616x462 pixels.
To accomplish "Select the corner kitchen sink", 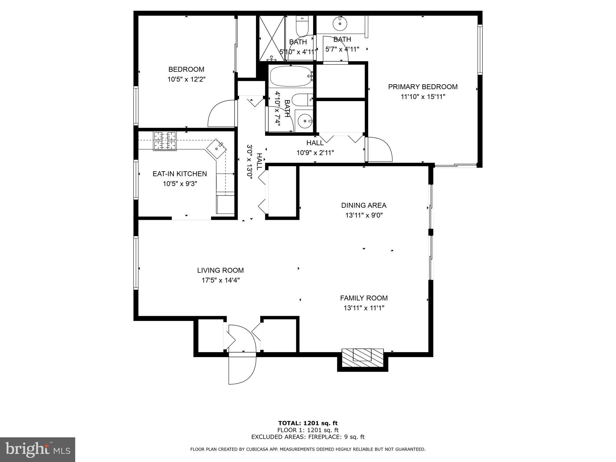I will coord(217,149).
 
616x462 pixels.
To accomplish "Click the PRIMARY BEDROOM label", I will coord(423,87).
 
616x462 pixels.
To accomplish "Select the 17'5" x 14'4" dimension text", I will coord(220,280).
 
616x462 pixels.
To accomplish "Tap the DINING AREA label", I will coord(364,205).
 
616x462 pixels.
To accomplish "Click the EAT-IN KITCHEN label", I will coord(180,174).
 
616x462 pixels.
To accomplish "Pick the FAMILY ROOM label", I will coord(364,298).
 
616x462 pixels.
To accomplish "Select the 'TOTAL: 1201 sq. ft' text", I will coord(308,423).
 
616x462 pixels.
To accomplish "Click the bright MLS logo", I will coord(38,449).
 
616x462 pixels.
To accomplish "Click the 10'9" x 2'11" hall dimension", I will coord(315,153).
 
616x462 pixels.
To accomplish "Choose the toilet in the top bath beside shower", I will coord(302,26).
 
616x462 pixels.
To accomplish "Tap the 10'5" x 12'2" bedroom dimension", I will coord(186,79).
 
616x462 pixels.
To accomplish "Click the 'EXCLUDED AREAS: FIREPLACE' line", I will coord(308,437).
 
